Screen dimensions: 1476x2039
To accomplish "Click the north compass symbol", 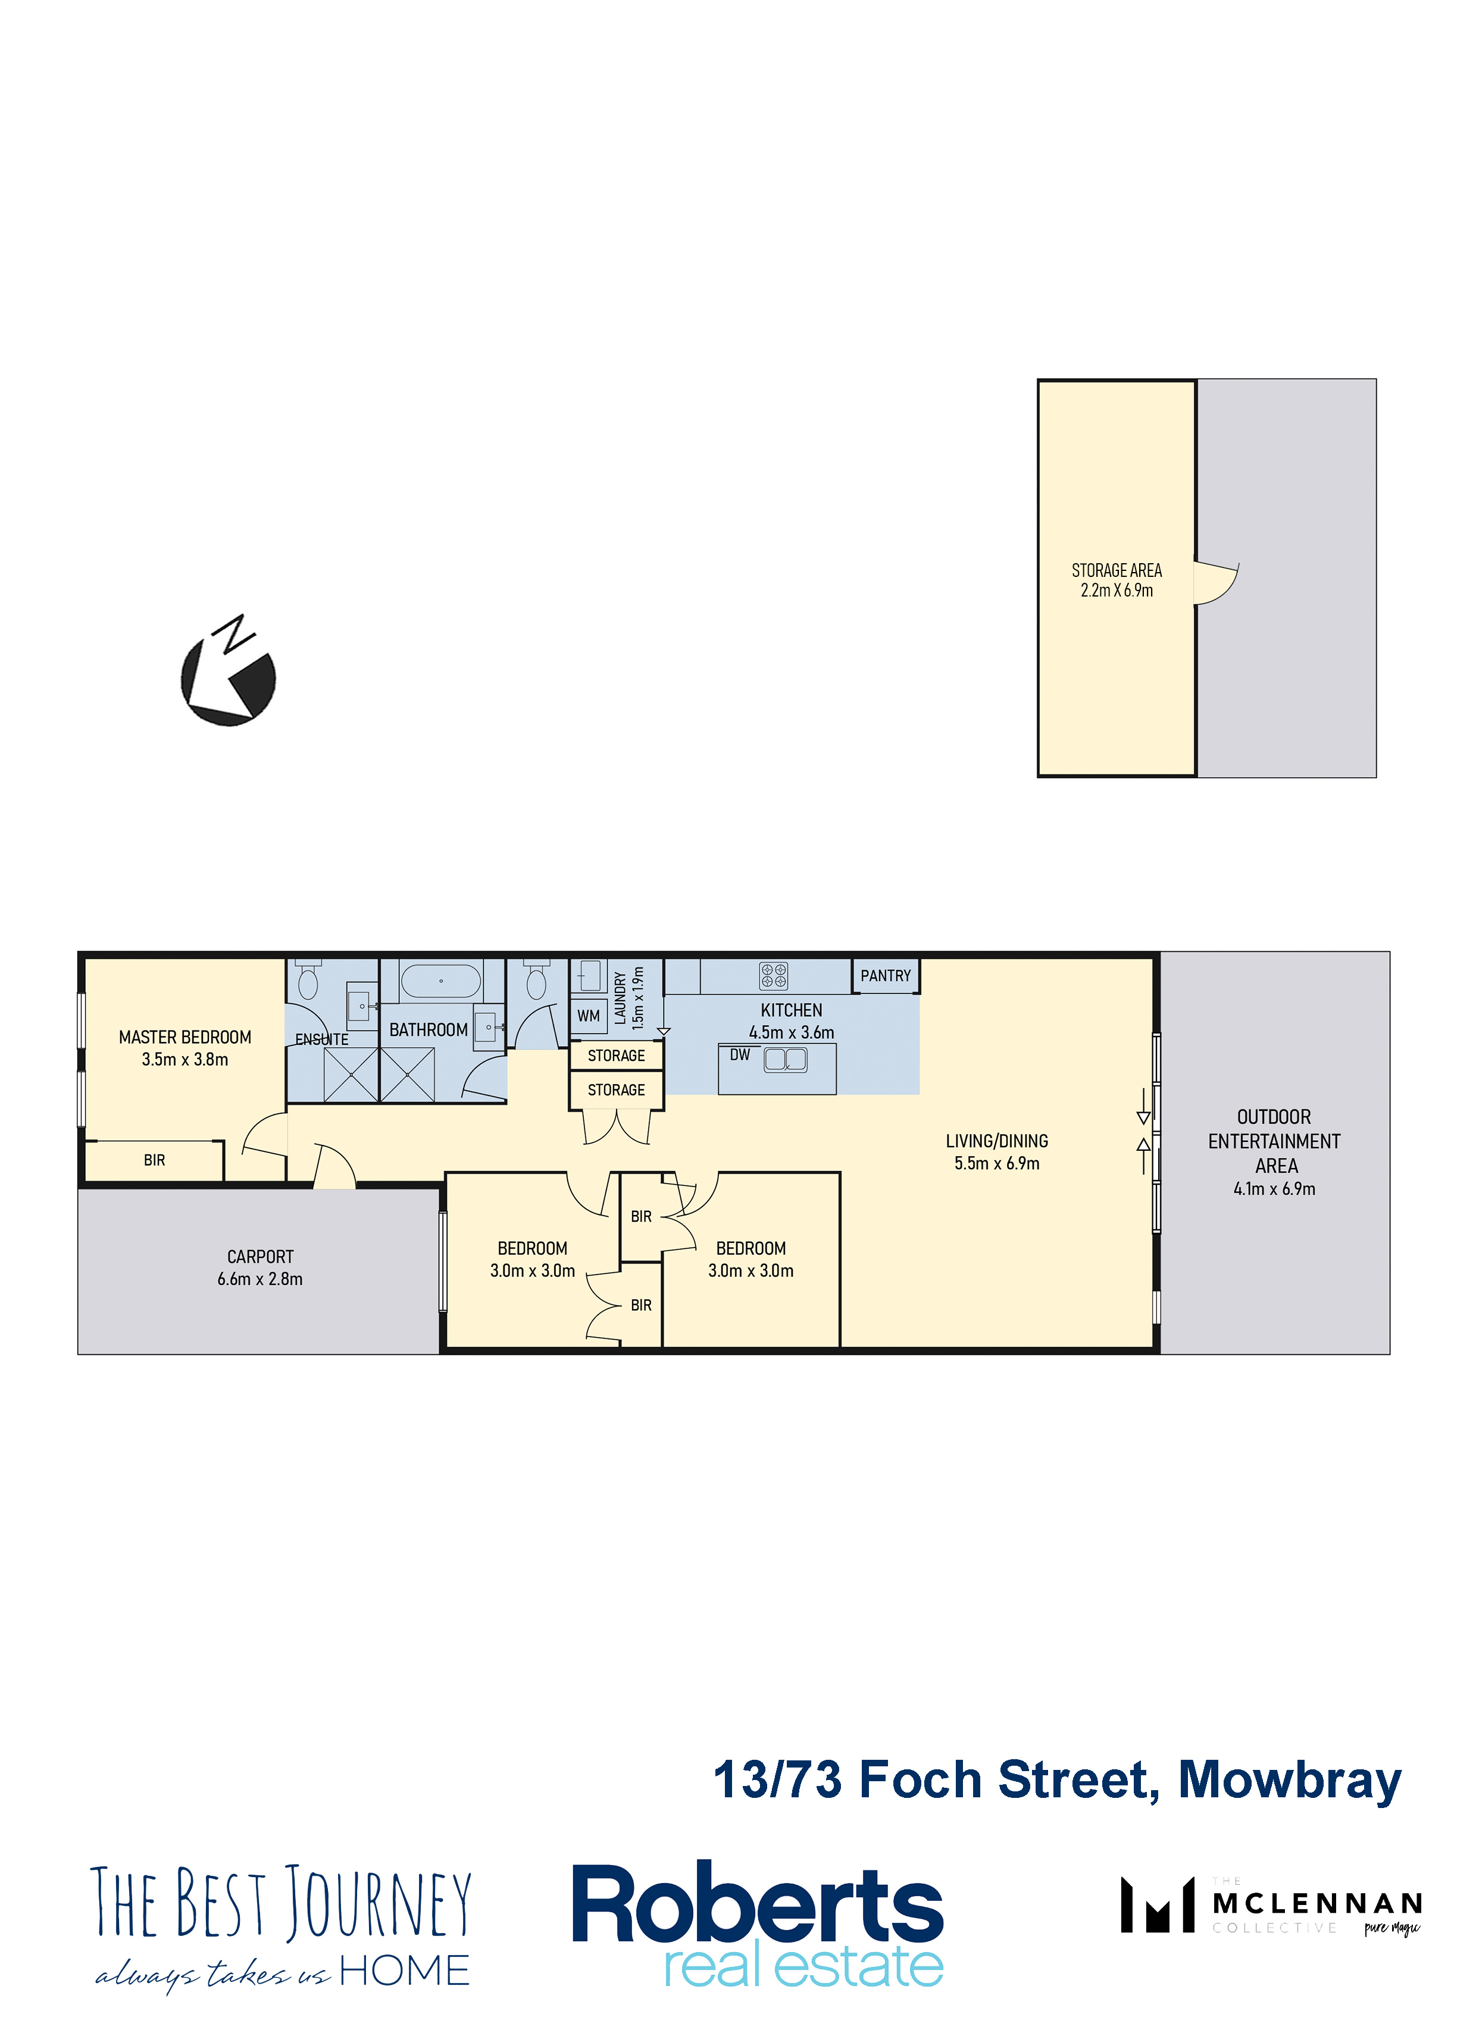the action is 229,672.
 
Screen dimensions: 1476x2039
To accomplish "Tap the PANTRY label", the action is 886,976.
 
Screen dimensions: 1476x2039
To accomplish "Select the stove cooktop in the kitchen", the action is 773,976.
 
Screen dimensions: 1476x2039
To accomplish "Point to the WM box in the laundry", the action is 589,1016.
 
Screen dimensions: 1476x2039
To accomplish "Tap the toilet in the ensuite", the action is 308,979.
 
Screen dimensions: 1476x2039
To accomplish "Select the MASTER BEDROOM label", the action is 185,1036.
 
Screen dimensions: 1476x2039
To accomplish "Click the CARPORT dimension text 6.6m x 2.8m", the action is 259,1278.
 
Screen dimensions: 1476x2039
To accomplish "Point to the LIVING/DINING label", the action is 997,1141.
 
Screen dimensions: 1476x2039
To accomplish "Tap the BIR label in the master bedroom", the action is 155,1160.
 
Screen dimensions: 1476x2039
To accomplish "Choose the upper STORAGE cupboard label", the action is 617,1056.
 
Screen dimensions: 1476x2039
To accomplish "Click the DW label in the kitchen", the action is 740,1054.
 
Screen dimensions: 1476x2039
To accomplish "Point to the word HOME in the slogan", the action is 405,1971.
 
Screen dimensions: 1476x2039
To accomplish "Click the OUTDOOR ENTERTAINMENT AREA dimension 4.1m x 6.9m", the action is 1275,1188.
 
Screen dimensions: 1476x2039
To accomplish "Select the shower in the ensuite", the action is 351,1075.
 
